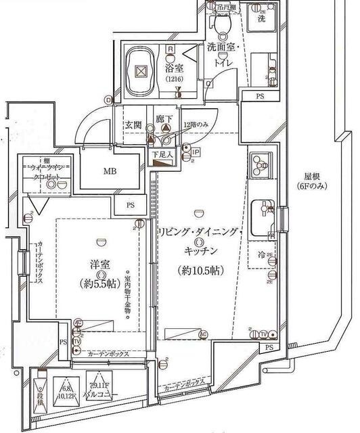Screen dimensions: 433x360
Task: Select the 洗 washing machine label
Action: (261, 20)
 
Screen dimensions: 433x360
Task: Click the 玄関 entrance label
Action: (133, 126)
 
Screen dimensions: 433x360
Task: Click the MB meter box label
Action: (110, 171)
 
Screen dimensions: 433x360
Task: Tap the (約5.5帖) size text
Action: (97, 281)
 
